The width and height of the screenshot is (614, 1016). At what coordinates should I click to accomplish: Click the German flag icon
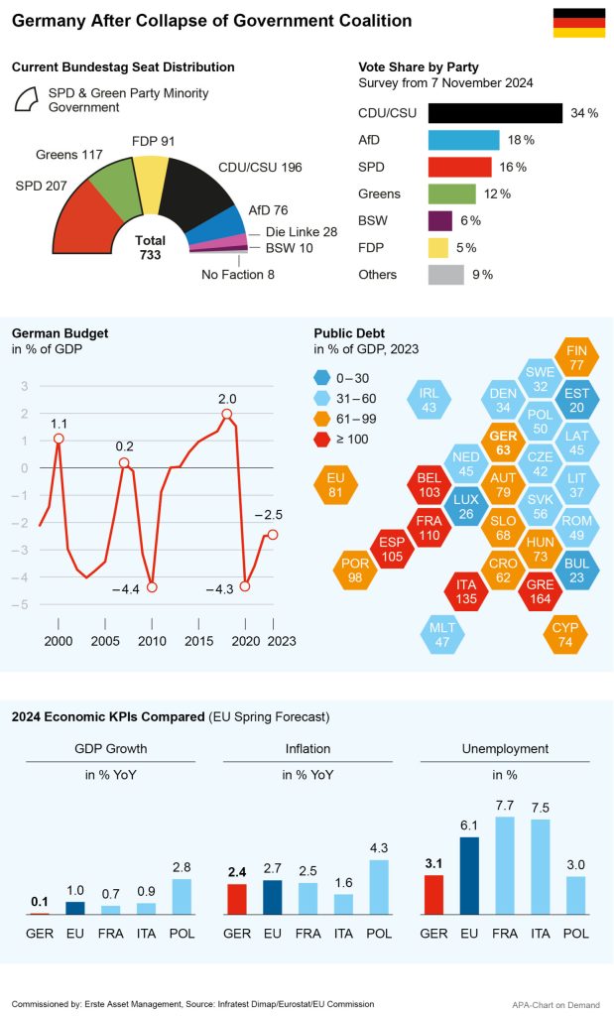578,22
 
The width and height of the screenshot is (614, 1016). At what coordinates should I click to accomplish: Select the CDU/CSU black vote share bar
495,113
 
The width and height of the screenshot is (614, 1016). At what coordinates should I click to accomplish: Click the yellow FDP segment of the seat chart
151,175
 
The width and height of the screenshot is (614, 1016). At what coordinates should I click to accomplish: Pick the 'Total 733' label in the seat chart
150,247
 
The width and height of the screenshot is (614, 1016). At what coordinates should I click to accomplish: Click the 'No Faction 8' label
238,275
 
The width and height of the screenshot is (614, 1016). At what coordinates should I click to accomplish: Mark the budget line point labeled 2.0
227,414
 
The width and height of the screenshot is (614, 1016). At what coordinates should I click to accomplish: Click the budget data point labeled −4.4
152,587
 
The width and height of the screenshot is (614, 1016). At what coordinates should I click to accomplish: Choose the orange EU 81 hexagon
335,485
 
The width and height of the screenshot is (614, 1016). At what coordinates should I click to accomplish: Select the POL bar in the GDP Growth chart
181,896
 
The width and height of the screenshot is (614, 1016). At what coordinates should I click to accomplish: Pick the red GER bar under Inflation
237,898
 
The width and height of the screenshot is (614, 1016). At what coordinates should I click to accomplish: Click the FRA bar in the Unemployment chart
505,864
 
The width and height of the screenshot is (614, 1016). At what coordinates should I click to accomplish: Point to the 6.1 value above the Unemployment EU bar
469,825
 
